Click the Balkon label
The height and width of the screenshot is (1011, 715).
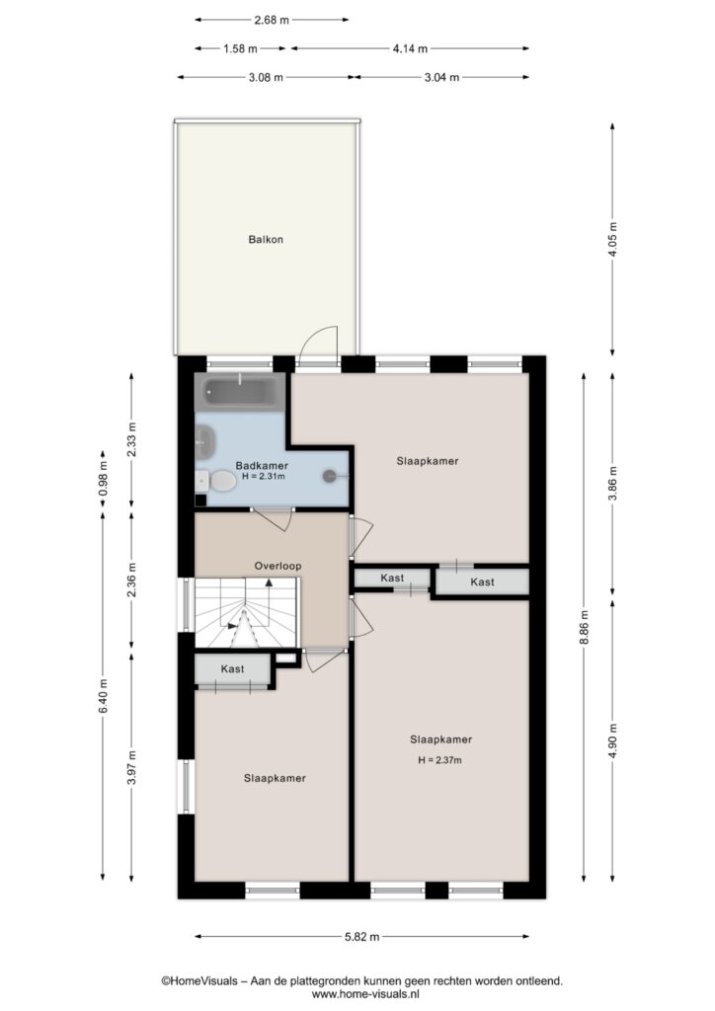pyautogui.click(x=266, y=239)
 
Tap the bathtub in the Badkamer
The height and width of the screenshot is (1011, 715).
pyautogui.click(x=240, y=391)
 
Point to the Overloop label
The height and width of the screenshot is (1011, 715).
pyautogui.click(x=278, y=566)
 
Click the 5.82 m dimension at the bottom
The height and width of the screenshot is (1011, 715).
pyautogui.click(x=361, y=936)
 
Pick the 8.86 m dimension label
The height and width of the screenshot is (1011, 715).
pyautogui.click(x=584, y=627)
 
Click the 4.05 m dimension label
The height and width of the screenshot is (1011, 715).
pyautogui.click(x=612, y=239)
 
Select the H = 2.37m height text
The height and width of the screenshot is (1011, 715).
pyautogui.click(x=439, y=760)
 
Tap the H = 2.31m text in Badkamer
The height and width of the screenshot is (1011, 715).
pyautogui.click(x=263, y=477)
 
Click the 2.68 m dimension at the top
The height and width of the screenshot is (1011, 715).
pyautogui.click(x=272, y=20)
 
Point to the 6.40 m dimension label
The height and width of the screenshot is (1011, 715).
pyautogui.click(x=103, y=696)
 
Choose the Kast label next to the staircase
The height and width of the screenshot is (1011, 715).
pyautogui.click(x=233, y=669)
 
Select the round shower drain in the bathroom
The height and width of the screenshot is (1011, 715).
pyautogui.click(x=330, y=476)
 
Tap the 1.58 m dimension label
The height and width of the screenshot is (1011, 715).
pyautogui.click(x=241, y=48)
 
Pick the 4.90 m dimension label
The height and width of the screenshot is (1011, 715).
pyautogui.click(x=612, y=740)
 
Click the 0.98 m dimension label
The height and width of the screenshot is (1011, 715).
pyautogui.click(x=103, y=481)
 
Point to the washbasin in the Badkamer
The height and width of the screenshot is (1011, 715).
pyautogui.click(x=205, y=443)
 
